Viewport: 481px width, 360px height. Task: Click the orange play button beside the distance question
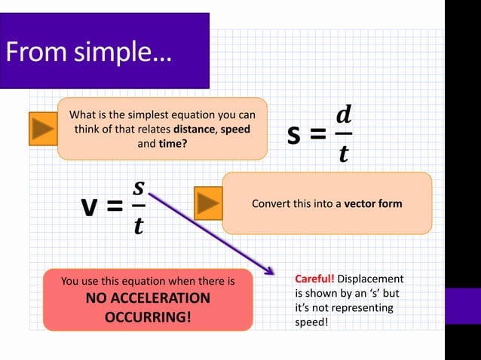pyautogui.click(x=42, y=129)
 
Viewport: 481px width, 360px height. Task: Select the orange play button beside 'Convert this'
pyautogui.click(x=207, y=203)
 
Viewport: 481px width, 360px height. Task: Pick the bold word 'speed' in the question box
pyautogui.click(x=235, y=129)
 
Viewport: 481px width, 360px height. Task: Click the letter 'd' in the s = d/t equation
pyautogui.click(x=343, y=115)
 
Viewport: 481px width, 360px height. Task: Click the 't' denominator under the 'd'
pyautogui.click(x=344, y=154)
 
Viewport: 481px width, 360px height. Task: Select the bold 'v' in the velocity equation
pyautogui.click(x=91, y=206)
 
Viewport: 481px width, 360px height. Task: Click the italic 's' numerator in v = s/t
pyautogui.click(x=138, y=186)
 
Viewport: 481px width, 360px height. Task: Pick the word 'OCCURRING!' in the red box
pyautogui.click(x=148, y=316)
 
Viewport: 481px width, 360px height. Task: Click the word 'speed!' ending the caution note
pyautogui.click(x=312, y=322)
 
